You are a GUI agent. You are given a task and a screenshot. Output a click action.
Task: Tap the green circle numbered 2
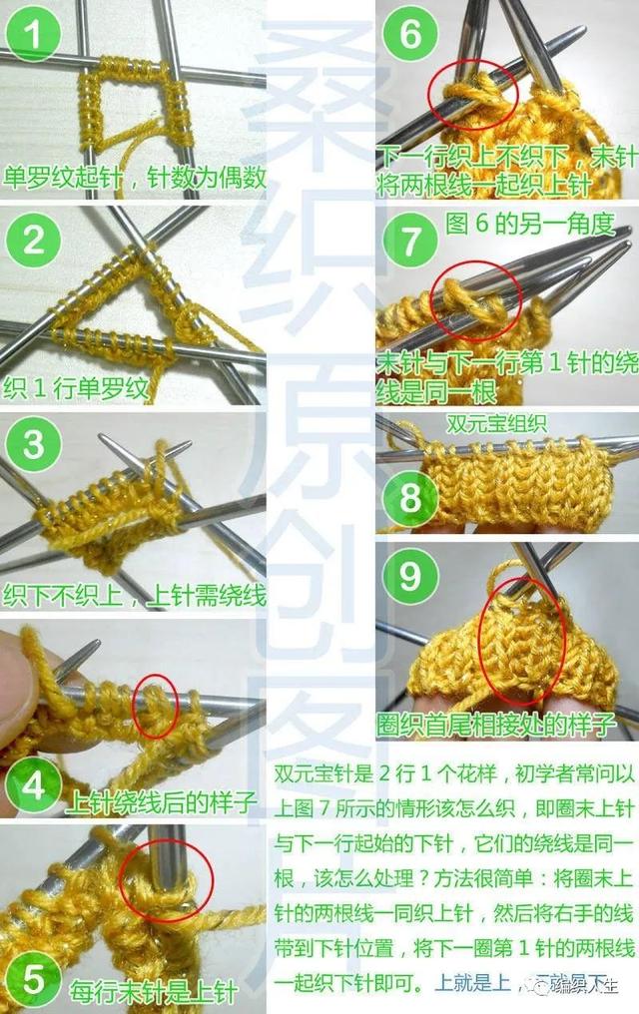tap(35, 241)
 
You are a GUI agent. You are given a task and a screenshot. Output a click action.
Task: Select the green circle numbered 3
tap(35, 444)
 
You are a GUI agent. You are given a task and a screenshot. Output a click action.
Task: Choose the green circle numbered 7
tap(410, 242)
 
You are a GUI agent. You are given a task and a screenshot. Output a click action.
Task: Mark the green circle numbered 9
tap(410, 577)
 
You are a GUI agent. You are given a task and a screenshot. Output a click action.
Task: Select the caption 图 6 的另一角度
tap(528, 225)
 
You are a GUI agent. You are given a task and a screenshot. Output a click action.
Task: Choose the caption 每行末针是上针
tap(153, 992)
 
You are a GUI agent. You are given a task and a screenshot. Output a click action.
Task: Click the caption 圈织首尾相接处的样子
tap(495, 723)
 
